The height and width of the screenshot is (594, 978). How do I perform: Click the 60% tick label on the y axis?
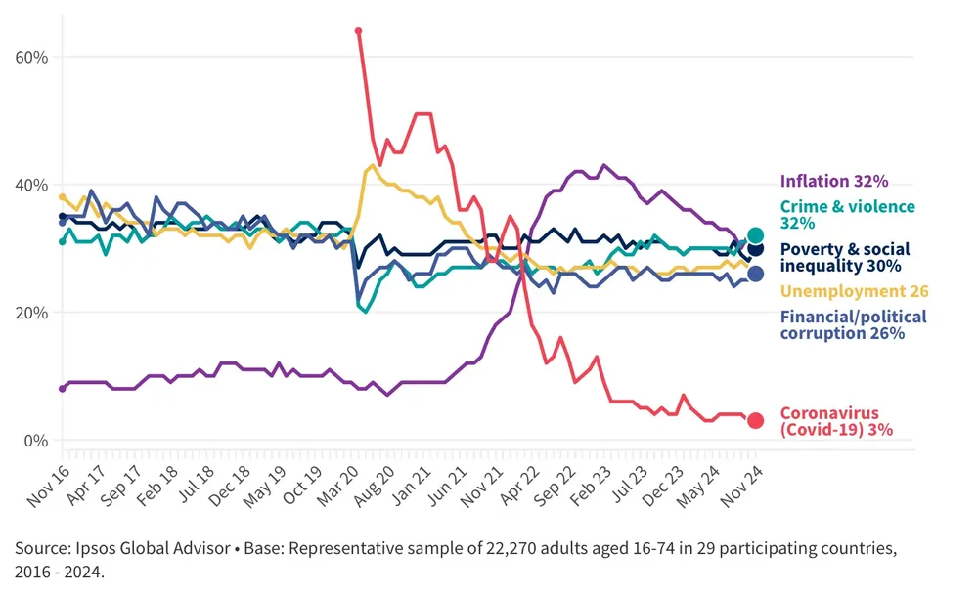coord(32,57)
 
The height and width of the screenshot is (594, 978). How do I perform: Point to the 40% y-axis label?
coord(32,185)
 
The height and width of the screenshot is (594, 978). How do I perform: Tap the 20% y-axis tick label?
coord(32,313)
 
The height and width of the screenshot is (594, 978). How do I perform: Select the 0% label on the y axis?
coord(36,441)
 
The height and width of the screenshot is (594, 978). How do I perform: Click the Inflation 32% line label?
coord(833,181)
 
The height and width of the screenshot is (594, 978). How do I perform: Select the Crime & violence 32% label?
coord(847,215)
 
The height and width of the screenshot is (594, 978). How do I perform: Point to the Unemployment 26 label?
coord(854,291)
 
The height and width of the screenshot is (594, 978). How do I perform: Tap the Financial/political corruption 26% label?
coord(853,324)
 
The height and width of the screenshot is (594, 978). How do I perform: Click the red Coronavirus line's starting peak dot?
coord(358,31)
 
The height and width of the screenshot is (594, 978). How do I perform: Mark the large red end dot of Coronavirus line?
coord(755,420)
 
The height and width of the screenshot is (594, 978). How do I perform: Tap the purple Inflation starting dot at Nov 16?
coord(63,389)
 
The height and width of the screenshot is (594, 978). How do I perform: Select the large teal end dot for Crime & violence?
coord(755,234)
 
